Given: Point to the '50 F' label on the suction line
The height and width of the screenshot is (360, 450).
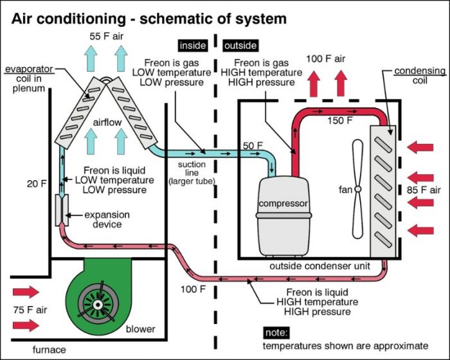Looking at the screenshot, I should click(x=253, y=145).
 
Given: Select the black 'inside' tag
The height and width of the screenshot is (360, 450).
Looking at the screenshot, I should click(x=192, y=46).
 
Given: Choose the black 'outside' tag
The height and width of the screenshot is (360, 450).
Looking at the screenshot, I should click(x=240, y=46).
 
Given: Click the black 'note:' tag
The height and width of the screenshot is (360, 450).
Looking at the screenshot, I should click(x=277, y=332).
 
